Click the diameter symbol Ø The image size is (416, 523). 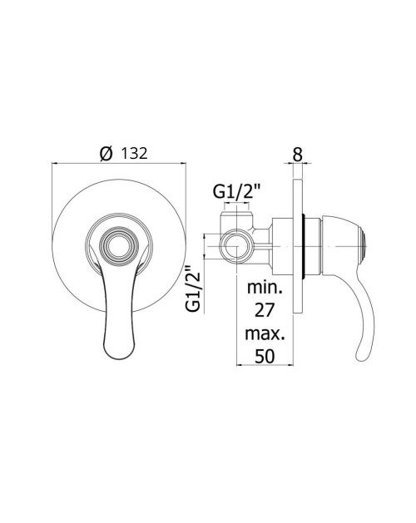tap(106, 154)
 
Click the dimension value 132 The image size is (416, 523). tap(134, 154)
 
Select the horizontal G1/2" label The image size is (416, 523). tap(237, 192)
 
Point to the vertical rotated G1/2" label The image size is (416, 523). tap(194, 289)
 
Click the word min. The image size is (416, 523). tap(265, 287)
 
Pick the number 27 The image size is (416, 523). tap(265, 310)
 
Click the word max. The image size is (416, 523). tap(265, 333)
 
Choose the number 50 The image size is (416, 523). tap(265, 356)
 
